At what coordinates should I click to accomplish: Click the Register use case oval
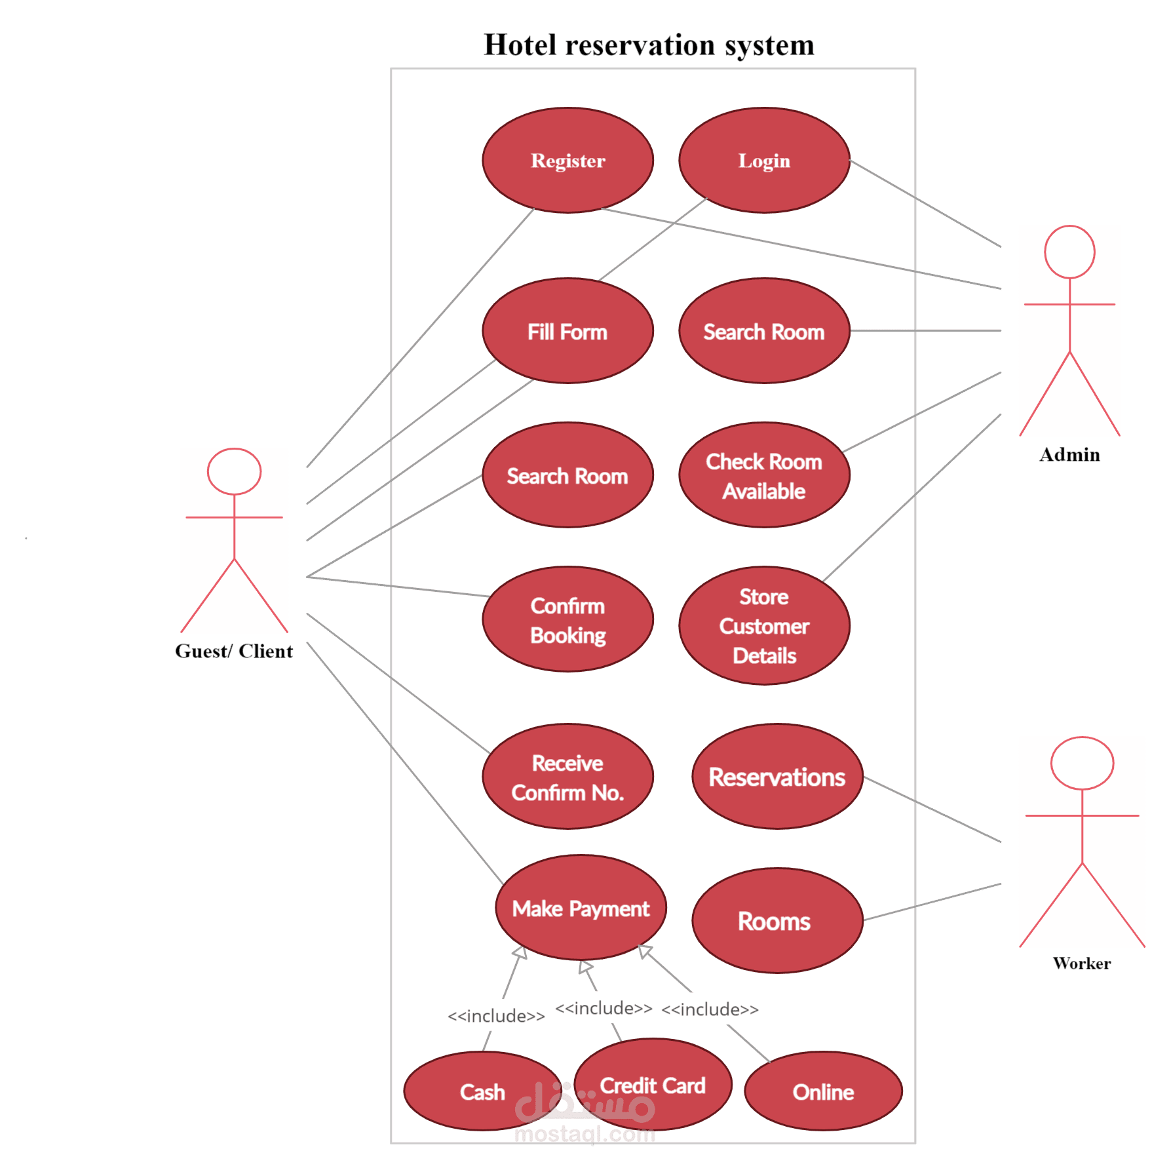[x=567, y=161]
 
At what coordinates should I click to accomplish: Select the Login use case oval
[x=764, y=161]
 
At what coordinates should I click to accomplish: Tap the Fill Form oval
[x=567, y=332]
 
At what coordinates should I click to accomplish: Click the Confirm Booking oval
[x=567, y=620]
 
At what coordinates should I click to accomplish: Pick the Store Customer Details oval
[x=764, y=626]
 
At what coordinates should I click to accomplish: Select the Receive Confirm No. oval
[x=567, y=777]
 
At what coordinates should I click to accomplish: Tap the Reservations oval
[x=777, y=777]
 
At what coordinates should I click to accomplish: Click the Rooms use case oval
[x=777, y=921]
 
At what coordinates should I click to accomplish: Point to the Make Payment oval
[x=581, y=908]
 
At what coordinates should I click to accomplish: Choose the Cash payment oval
[x=482, y=1092]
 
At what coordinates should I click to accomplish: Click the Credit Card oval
[x=653, y=1085]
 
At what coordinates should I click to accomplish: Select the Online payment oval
[x=823, y=1092]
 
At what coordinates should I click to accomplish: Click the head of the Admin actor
[x=1069, y=252]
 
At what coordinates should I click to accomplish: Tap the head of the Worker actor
[x=1082, y=763]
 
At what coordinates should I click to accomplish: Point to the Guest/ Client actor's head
[x=234, y=471]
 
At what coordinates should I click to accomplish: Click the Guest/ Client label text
[x=234, y=651]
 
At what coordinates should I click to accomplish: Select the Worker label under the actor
[x=1082, y=964]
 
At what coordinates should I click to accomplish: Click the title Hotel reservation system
[x=649, y=45]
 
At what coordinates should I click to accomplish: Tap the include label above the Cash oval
[x=496, y=1016]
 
